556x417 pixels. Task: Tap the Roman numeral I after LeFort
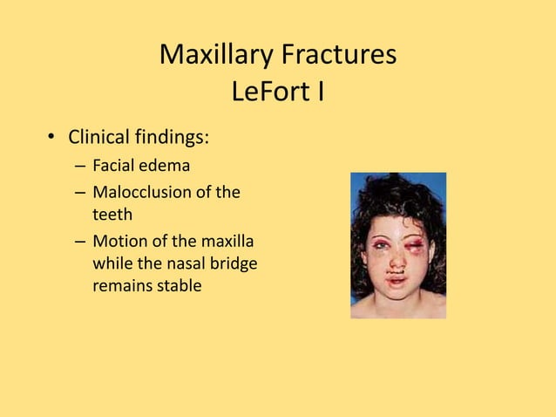(320, 91)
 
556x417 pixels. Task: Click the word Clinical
(98, 137)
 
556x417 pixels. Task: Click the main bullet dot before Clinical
(52, 138)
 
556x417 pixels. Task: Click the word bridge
(235, 263)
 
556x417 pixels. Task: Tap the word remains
(122, 285)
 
